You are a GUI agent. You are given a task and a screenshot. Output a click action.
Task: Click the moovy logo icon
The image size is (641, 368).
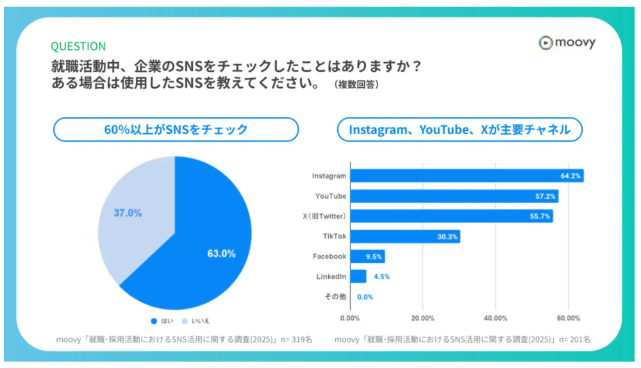point(545,43)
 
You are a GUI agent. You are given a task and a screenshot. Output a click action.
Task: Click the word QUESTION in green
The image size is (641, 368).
point(78,46)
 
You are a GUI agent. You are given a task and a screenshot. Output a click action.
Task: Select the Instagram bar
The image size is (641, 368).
point(467,176)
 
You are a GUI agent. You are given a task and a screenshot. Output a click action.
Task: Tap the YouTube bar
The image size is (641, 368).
point(454,196)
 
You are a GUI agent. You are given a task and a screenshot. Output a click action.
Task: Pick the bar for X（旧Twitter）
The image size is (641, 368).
point(451,216)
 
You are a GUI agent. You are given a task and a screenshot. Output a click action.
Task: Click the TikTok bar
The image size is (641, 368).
point(405,237)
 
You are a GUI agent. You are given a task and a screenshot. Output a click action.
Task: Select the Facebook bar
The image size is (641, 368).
point(367,256)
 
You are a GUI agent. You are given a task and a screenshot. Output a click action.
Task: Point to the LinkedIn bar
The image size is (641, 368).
point(358,276)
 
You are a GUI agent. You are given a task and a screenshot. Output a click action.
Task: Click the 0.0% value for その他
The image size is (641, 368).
point(365,297)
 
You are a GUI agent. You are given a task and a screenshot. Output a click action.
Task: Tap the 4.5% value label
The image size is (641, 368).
point(381,277)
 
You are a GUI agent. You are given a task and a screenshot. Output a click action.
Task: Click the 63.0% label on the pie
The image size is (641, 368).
point(221,253)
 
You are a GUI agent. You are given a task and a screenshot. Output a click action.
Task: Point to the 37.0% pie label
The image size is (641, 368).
point(128,213)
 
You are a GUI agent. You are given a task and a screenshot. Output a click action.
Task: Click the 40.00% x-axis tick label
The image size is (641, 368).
point(495,318)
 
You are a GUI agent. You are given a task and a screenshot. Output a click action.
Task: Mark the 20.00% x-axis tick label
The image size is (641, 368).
point(423,318)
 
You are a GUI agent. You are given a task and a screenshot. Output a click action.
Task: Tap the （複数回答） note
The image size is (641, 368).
point(356,85)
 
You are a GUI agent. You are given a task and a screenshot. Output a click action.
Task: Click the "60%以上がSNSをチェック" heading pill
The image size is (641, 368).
point(176,130)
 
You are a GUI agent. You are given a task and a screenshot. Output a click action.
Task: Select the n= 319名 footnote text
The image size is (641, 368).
point(292,339)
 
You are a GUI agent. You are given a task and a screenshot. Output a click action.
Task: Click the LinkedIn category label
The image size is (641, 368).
point(331,276)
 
